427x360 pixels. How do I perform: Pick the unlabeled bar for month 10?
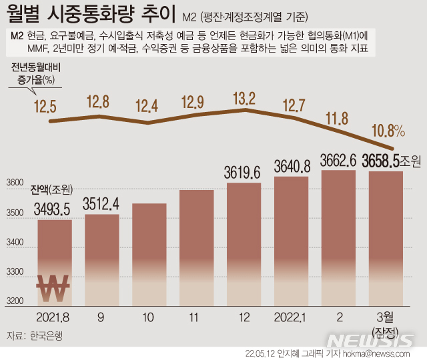pyautogui.click(x=149, y=253)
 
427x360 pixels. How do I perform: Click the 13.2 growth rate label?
pyautogui.click(x=244, y=99)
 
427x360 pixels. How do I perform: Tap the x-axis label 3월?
pyautogui.click(x=386, y=315)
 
